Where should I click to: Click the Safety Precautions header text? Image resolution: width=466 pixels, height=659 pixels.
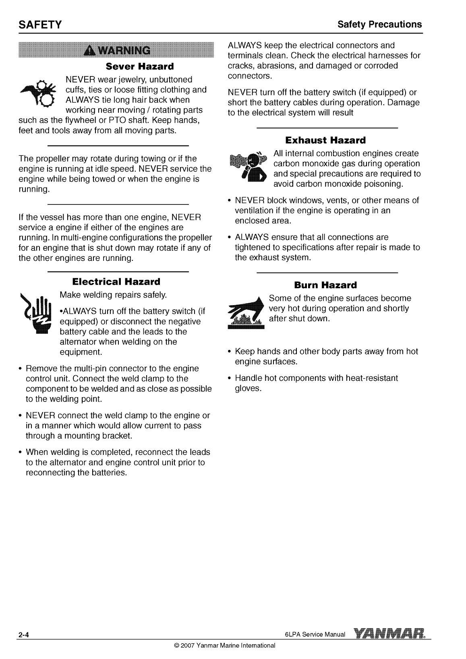[380, 25]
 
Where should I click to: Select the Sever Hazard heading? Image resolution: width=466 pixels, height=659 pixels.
[139, 66]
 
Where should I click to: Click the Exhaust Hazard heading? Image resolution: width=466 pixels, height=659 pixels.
[325, 140]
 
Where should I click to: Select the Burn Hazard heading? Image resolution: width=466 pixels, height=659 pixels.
[325, 285]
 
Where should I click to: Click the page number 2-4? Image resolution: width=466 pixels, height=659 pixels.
[23, 636]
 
